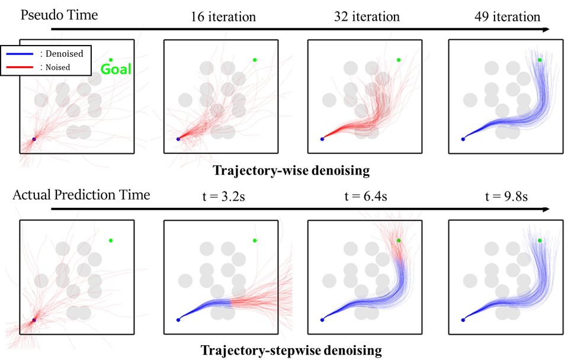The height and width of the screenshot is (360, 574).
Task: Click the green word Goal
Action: [x=116, y=69]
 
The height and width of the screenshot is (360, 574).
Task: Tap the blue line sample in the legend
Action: [x=20, y=54]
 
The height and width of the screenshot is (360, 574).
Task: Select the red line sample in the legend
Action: [x=20, y=67]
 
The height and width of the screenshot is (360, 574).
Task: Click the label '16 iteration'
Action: [x=223, y=17]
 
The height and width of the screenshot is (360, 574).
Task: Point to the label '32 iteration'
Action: [x=367, y=17]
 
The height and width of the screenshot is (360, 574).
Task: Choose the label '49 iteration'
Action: [x=508, y=17]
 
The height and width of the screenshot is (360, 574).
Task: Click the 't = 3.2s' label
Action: [x=224, y=197]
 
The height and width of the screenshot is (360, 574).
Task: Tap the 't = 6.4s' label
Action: [x=365, y=197]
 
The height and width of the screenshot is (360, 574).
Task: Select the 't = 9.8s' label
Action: [x=506, y=197]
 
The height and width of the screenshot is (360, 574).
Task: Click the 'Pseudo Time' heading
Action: [x=59, y=15]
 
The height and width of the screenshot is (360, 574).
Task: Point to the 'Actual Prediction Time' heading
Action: [x=81, y=195]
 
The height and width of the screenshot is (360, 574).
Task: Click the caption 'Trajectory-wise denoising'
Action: [x=291, y=171]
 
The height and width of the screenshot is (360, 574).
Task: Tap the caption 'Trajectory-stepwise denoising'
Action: [x=291, y=351]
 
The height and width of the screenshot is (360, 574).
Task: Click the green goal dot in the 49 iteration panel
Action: [x=540, y=60]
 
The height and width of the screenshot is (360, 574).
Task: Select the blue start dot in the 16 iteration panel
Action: [x=178, y=139]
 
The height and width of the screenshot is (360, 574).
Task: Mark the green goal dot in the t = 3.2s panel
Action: [x=255, y=240]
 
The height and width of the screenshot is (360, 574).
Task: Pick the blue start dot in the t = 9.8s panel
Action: [x=463, y=320]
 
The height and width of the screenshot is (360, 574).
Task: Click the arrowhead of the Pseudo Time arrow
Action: [x=546, y=29]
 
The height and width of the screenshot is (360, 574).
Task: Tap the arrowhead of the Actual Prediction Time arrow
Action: [x=546, y=209]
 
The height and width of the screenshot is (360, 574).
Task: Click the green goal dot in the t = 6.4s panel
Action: [x=399, y=240]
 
